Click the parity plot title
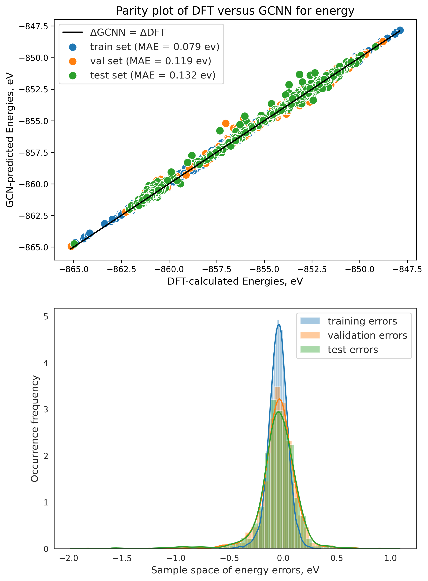(235, 11)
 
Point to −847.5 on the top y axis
(33, 26)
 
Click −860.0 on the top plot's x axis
(169, 269)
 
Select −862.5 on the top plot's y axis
(33, 216)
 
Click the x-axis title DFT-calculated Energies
(235, 281)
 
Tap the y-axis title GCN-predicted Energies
(10, 140)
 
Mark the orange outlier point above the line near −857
(226, 123)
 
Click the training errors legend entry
(362, 321)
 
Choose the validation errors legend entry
(367, 336)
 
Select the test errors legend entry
(353, 350)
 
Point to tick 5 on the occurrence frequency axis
(46, 317)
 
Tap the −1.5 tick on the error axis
(122, 558)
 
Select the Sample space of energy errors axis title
(235, 570)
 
